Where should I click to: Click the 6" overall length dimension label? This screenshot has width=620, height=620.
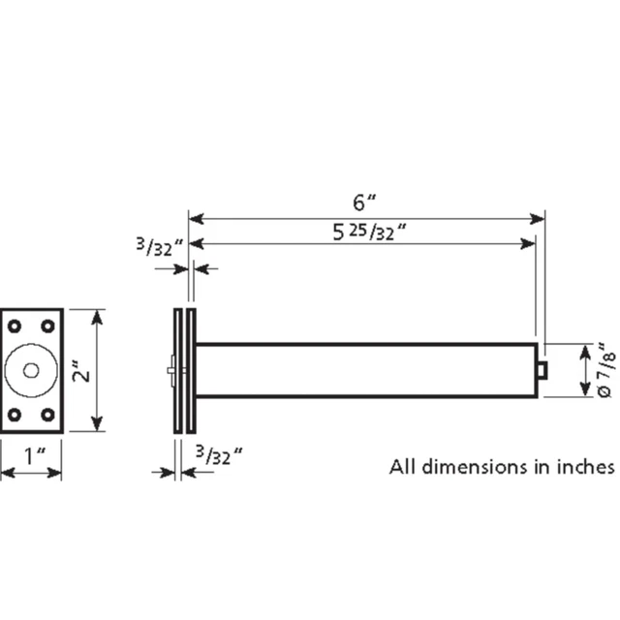(x=364, y=202)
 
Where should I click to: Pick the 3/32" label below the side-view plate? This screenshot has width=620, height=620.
(x=217, y=452)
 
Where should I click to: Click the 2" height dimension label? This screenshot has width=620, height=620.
(x=86, y=371)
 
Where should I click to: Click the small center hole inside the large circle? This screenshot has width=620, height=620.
(x=31, y=370)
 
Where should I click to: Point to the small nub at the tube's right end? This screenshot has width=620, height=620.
(x=543, y=370)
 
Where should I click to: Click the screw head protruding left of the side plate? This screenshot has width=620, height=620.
(x=170, y=370)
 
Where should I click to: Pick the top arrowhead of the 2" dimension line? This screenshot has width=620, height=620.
(x=95, y=315)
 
